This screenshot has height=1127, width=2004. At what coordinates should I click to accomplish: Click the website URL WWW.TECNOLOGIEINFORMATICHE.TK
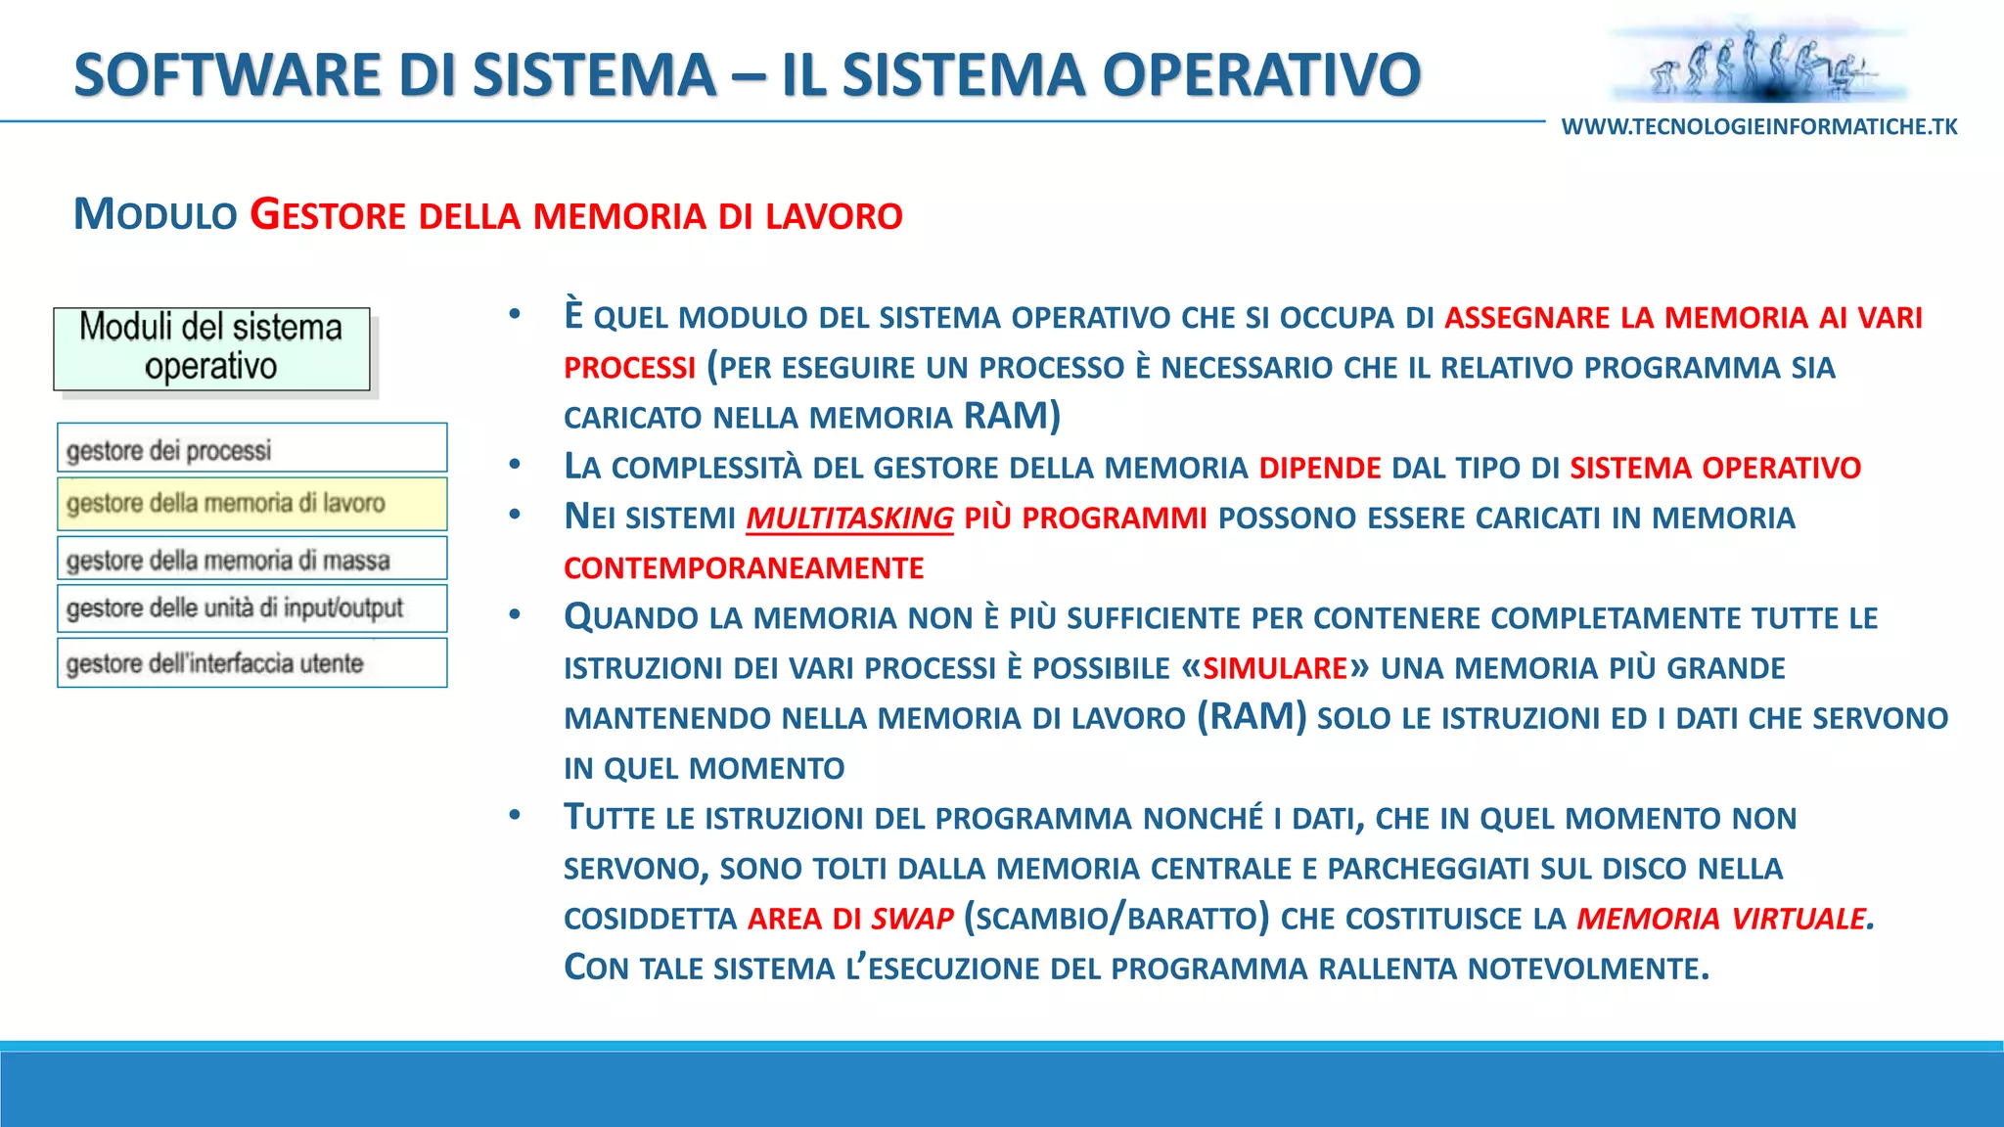pyautogui.click(x=1759, y=127)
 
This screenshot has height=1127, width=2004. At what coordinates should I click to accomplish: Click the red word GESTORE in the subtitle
pyautogui.click(x=327, y=215)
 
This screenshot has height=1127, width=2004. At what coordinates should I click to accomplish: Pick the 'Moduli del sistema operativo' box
pyautogui.click(x=211, y=348)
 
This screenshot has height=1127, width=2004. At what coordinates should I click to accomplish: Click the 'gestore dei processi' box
pyautogui.click(x=251, y=448)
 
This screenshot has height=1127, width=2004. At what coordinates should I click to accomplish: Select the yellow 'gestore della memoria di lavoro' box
pyautogui.click(x=251, y=503)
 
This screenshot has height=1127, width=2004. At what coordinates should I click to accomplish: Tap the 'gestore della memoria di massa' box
pyautogui.click(x=251, y=559)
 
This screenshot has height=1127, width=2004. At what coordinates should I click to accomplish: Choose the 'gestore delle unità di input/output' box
pyautogui.click(x=251, y=609)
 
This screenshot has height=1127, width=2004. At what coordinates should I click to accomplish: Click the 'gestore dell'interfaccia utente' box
pyautogui.click(x=251, y=662)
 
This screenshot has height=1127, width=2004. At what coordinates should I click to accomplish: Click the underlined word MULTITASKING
pyautogui.click(x=849, y=518)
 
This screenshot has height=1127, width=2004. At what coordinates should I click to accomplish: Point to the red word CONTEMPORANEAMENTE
pyautogui.click(x=744, y=568)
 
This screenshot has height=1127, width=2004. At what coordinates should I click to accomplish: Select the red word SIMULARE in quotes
pyautogui.click(x=1275, y=668)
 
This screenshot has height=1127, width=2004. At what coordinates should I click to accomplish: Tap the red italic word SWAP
pyautogui.click(x=912, y=919)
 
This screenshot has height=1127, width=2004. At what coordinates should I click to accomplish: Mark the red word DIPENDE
pyautogui.click(x=1320, y=468)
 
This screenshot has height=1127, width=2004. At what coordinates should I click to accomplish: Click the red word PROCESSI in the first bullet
pyautogui.click(x=629, y=368)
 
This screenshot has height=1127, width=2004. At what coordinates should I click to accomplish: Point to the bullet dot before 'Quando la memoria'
pyautogui.click(x=515, y=615)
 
